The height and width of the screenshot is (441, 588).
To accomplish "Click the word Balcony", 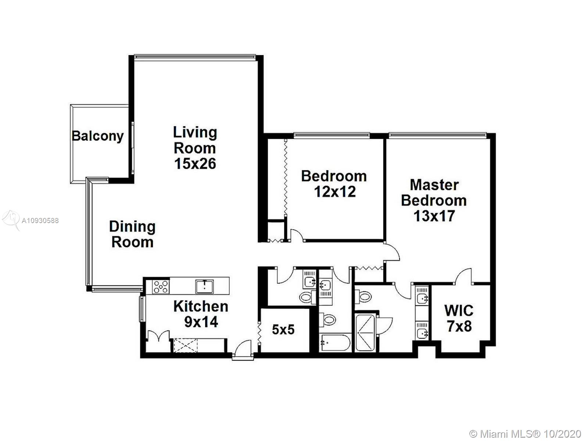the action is point(98,136).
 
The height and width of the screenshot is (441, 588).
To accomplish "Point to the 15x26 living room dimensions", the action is point(195,164).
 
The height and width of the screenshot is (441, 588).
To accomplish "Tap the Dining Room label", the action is point(132,234).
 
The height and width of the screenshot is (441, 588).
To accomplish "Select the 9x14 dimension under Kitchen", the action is point(201,322).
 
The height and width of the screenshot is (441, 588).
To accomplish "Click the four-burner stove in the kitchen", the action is point(161,287).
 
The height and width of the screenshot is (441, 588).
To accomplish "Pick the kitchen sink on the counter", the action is point(205,287).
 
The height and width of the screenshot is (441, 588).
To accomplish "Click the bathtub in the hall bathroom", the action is point(335,343).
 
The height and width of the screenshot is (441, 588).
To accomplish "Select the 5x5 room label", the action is point(283,330).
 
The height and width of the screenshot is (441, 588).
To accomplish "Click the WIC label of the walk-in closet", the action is point(459,311).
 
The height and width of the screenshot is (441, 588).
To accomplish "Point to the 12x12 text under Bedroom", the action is point(335,192).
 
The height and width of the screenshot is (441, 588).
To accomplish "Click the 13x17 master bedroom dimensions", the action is point(434,216).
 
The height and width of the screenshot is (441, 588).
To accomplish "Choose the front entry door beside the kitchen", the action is point(243,349).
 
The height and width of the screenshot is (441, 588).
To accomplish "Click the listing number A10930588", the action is point(40,220).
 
